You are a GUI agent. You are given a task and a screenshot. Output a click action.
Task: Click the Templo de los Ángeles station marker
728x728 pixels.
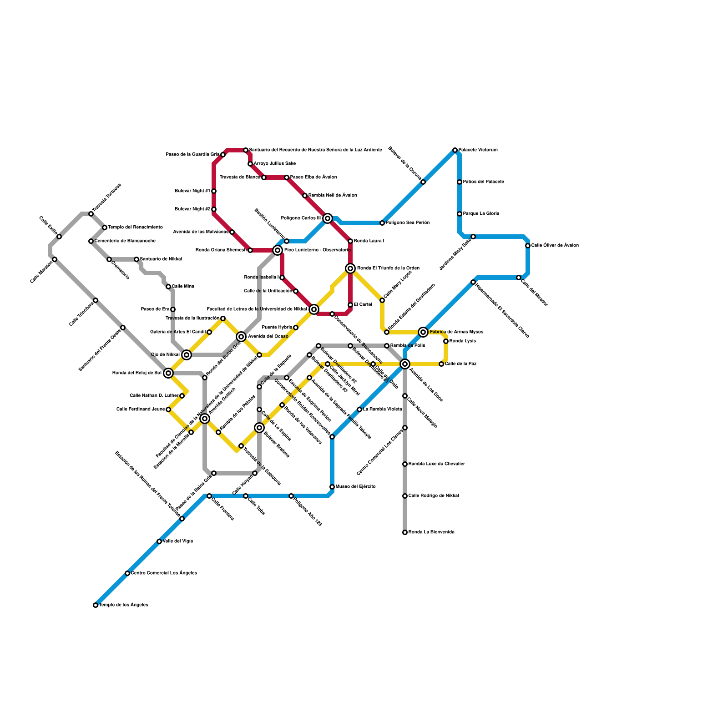tap(96, 605)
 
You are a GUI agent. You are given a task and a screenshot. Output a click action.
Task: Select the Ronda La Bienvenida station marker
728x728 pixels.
tap(405, 532)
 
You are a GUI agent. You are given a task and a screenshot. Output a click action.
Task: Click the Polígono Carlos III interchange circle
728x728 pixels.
tap(328, 218)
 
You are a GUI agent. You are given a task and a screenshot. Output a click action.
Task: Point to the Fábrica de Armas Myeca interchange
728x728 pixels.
tap(423, 332)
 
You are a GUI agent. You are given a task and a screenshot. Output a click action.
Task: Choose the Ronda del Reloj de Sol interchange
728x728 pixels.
tap(168, 373)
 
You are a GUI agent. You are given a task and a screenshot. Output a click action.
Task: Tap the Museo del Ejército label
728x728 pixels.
tap(355, 487)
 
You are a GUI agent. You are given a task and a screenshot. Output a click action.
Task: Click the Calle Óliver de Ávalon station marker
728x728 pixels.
tap(528, 246)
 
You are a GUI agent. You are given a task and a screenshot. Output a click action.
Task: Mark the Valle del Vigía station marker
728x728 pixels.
tap(159, 541)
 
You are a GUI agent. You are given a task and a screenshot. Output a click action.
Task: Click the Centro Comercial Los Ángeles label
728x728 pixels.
tap(164, 573)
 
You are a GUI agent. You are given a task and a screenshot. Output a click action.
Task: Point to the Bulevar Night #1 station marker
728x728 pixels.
tap(214, 191)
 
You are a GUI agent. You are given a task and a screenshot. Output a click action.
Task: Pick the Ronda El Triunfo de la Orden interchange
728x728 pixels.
tap(350, 268)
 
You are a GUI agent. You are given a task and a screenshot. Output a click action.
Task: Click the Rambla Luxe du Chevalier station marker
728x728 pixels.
tap(405, 464)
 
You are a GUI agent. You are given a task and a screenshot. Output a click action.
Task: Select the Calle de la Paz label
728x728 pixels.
tap(460, 364)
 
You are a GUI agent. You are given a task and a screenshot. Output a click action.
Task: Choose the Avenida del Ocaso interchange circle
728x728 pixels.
tap(241, 337)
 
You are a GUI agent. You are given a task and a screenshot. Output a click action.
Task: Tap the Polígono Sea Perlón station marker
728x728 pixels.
tap(382, 223)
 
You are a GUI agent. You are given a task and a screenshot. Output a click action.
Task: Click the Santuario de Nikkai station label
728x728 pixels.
tap(161, 259)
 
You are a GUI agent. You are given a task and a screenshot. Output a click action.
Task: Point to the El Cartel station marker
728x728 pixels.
tap(350, 305)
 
